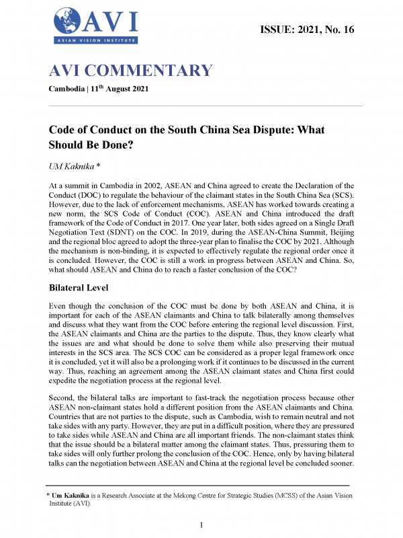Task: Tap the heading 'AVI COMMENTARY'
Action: [x=131, y=71]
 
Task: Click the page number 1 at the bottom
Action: [x=201, y=524]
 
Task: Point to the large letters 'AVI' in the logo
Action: [x=110, y=21]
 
